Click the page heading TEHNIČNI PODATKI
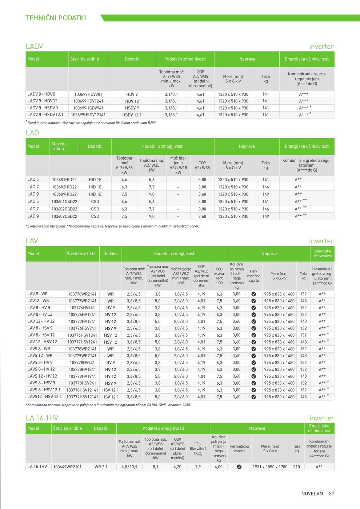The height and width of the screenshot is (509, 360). [56, 18]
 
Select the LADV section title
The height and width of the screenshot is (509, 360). [35, 46]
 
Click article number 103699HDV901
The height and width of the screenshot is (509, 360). [88, 94]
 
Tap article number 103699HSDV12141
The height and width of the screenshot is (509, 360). [88, 115]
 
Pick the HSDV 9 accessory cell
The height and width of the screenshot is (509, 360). [132, 108]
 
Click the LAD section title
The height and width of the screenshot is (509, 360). [32, 133]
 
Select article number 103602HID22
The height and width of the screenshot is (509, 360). [64, 187]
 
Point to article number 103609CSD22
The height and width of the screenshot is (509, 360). [64, 216]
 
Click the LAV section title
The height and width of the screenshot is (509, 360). [32, 241]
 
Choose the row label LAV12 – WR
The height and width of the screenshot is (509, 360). [38, 301]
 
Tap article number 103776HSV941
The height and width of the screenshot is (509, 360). [82, 328]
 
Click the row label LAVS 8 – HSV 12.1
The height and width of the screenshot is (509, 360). [44, 390]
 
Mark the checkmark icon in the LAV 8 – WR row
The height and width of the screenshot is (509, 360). [254, 294]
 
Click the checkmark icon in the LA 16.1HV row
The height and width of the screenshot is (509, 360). [239, 467]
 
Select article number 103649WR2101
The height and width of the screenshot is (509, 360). [67, 467]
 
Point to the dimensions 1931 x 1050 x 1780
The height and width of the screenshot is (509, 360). [270, 467]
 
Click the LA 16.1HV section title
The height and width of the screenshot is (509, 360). [42, 418]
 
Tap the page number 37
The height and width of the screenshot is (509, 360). [332, 494]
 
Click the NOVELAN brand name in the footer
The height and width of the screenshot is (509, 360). [312, 494]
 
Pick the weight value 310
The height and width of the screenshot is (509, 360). [297, 467]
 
